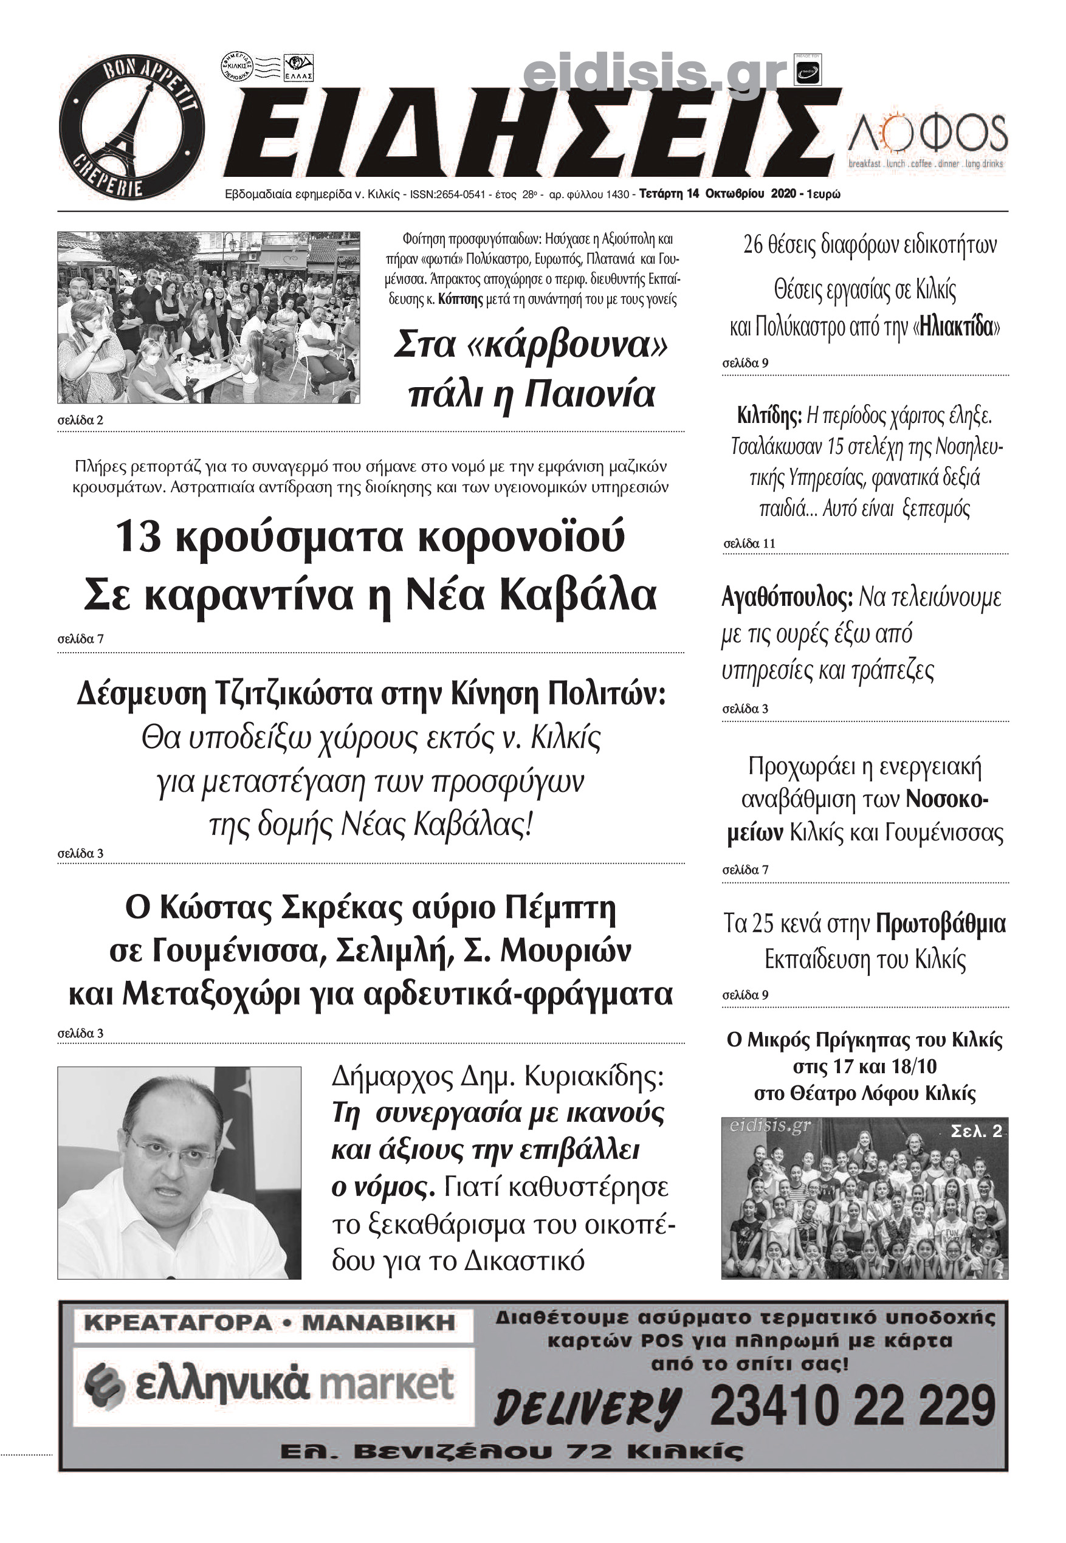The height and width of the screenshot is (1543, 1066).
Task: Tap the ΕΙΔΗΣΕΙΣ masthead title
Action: [x=528, y=134]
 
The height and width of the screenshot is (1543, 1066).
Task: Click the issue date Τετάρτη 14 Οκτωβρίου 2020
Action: [x=717, y=194]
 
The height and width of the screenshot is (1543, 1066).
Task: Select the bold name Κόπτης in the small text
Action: [x=460, y=299]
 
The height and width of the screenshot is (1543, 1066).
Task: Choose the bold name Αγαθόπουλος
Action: [x=787, y=597]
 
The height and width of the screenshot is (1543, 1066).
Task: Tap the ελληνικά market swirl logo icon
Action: [x=105, y=1385]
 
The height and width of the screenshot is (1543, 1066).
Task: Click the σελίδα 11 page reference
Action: [x=749, y=543]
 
